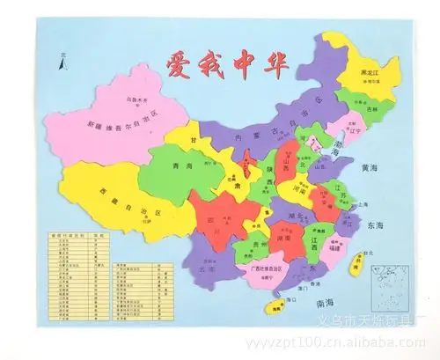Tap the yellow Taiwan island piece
coord(357,263)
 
